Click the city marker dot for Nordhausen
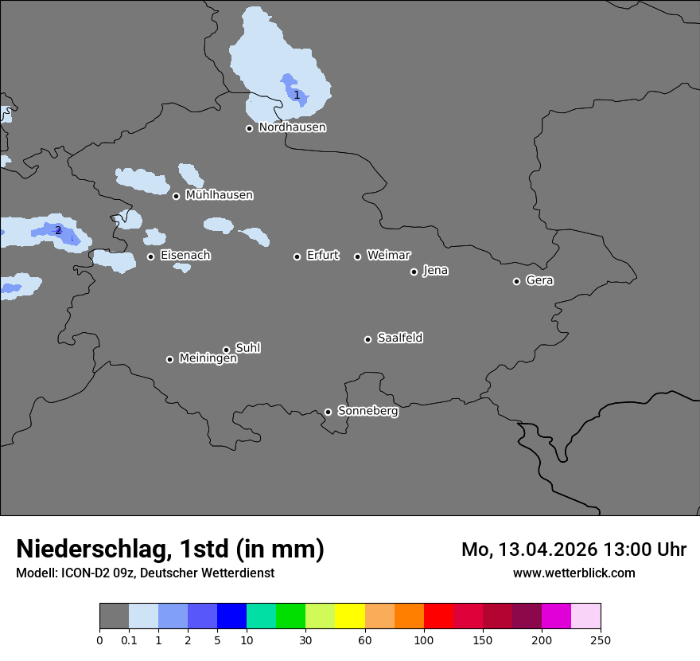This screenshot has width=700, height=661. point(249,128)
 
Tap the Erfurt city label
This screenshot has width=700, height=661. point(322,256)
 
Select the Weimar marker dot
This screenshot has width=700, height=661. point(357,256)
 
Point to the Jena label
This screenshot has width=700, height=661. point(435,271)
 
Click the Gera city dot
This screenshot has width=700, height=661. point(516,281)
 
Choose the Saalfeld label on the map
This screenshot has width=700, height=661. point(399,338)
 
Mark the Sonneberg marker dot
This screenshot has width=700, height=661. point(328,412)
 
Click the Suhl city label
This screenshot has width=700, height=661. point(247,348)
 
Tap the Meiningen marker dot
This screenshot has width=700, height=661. point(169,359)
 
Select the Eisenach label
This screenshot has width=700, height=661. point(185,256)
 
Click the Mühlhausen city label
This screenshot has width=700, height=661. point(219,195)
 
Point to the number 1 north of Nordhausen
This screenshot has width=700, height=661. point(297,96)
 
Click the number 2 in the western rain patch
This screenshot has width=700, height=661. point(58,231)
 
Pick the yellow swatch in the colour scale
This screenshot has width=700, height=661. point(350,616)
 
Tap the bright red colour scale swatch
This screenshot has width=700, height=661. point(438,616)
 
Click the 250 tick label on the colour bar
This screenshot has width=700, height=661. point(601,639)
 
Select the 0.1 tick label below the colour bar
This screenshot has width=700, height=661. point(129,639)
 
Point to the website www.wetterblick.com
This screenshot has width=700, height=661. point(574,573)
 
